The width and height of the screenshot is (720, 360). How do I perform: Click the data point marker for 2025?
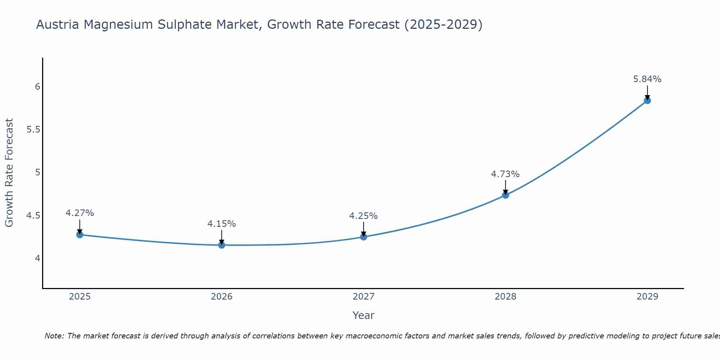point(80,235)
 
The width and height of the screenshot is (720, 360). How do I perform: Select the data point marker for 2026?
point(221,245)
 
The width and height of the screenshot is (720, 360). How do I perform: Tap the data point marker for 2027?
point(363,237)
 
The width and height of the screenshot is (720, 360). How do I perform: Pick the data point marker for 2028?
point(505,195)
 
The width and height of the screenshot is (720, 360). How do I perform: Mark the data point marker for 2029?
point(647,100)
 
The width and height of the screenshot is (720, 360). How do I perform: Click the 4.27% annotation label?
point(80,213)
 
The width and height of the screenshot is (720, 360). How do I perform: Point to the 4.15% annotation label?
point(221,224)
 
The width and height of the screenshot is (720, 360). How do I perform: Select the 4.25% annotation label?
point(363,216)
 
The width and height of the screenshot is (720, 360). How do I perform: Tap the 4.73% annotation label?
point(505,174)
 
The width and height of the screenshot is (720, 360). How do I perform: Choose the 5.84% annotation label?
point(647,79)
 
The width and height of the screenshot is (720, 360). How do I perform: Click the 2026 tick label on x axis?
point(221,297)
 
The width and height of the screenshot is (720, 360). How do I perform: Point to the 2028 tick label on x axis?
point(505,297)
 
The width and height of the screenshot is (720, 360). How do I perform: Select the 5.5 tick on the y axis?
point(33,130)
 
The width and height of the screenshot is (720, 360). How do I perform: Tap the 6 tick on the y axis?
point(37,87)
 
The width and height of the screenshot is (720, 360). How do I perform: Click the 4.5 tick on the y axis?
point(33,216)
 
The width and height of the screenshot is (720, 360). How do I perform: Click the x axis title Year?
point(363,315)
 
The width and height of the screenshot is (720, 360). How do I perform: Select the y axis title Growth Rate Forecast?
point(9,172)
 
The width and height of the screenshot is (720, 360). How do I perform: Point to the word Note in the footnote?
point(54,336)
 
